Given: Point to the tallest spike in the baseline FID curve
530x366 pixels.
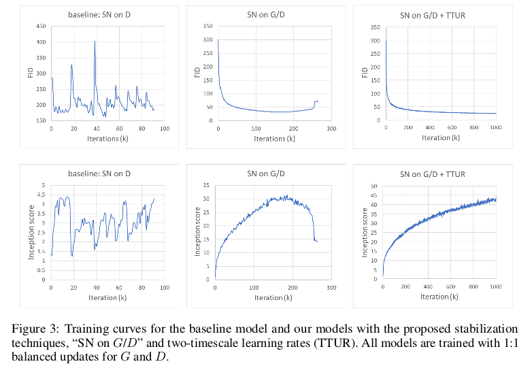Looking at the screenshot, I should pyautogui.click(x=95, y=42).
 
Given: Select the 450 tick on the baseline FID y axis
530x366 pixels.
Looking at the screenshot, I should pyautogui.click(x=40, y=27).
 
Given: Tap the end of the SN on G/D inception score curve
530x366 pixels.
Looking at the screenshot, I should pyautogui.click(x=317, y=242).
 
